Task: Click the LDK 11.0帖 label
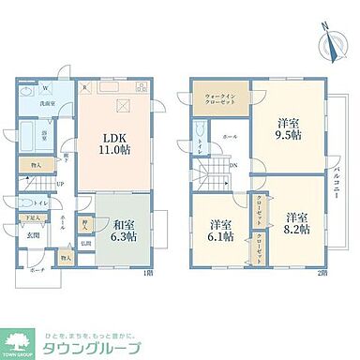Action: coord(112,145)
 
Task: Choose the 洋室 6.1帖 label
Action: coord(220,230)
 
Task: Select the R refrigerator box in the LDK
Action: coord(85,90)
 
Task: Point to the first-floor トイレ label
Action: coord(40,202)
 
